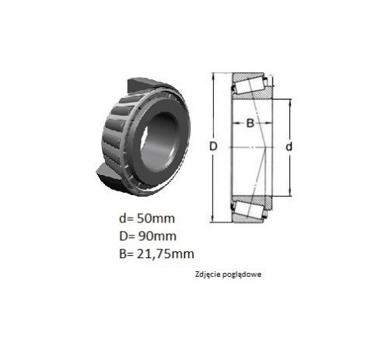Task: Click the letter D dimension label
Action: tap(213, 147)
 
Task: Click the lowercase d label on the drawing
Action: tap(289, 147)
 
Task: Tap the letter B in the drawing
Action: tap(250, 123)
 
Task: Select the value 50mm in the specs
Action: tap(156, 218)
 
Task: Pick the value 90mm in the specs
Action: tap(157, 236)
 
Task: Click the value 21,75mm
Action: tap(166, 254)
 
